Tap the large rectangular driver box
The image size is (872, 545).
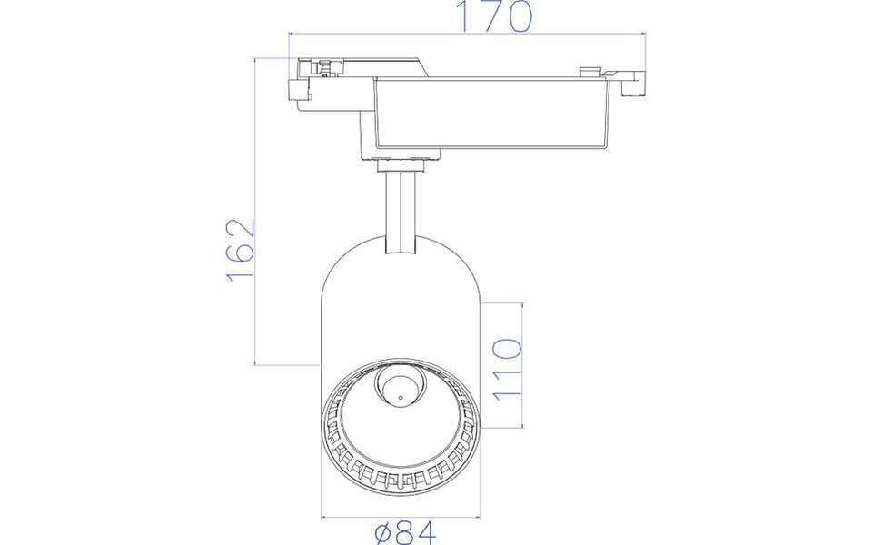click(x=490, y=114)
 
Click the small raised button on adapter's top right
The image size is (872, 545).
click(x=588, y=69)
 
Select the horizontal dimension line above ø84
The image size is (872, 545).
click(x=399, y=515)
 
